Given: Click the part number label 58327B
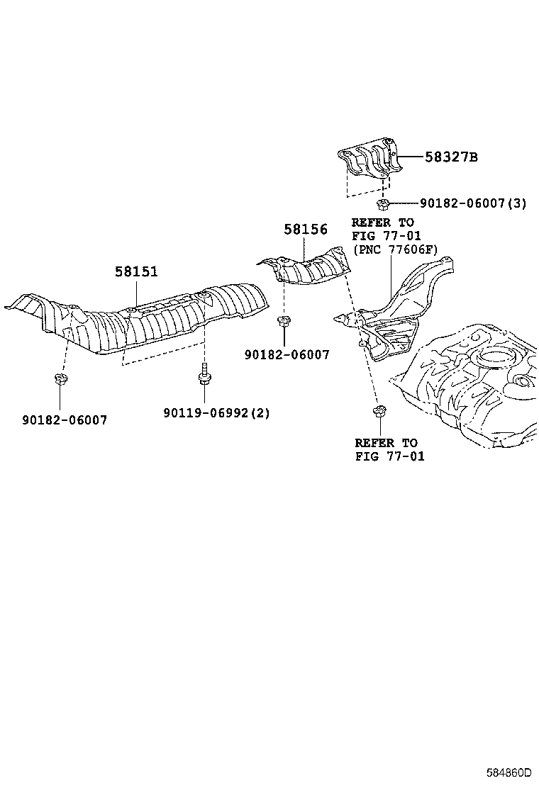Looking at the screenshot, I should [x=451, y=157].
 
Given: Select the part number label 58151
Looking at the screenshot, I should [x=137, y=271].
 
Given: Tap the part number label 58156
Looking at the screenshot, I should [x=306, y=230].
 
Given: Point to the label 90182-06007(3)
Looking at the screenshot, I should [x=473, y=203].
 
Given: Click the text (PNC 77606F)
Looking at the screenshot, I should [x=395, y=249].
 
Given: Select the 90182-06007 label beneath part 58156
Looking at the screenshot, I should [x=287, y=355].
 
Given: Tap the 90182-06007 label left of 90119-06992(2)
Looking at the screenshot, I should [x=64, y=420].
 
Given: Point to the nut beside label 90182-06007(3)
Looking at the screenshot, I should [x=383, y=205].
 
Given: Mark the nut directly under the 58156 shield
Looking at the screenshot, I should [x=283, y=322].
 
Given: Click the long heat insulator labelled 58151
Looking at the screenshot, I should [x=142, y=319].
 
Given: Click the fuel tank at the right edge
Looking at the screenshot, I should [x=475, y=383].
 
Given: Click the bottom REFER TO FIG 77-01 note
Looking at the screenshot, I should [x=389, y=449].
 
